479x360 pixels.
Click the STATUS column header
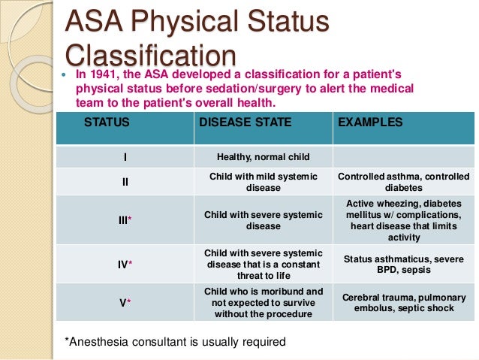pyautogui.click(x=107, y=122)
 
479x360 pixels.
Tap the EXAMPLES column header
pyautogui.click(x=371, y=122)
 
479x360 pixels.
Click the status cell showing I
pyautogui.click(x=125, y=157)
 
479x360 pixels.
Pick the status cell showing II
pyautogui.click(x=125, y=182)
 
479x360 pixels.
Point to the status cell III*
pyautogui.click(x=125, y=219)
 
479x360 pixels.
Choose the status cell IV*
pyautogui.click(x=125, y=264)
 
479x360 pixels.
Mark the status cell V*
pyautogui.click(x=125, y=303)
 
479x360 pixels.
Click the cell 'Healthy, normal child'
pyautogui.click(x=263, y=157)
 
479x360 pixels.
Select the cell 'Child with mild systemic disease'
pyautogui.click(x=263, y=182)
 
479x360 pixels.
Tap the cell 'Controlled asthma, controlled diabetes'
pyautogui.click(x=403, y=182)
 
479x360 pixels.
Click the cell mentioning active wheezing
pyautogui.click(x=403, y=219)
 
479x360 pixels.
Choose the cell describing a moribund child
pyautogui.click(x=263, y=302)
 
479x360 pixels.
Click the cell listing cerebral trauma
pyautogui.click(x=403, y=303)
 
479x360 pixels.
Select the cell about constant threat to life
pyautogui.click(x=263, y=264)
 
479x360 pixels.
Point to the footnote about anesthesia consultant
pyautogui.click(x=176, y=342)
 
